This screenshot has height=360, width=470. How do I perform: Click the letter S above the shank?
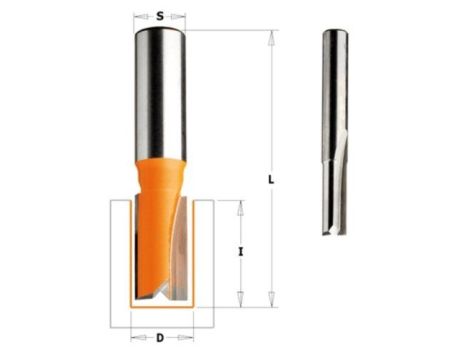tap(160, 16)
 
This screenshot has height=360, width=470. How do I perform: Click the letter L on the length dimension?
tap(271, 180)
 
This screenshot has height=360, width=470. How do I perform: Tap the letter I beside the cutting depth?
tap(240, 252)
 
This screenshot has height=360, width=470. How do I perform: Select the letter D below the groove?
tap(160, 338)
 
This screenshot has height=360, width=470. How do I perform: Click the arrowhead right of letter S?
tap(178, 16)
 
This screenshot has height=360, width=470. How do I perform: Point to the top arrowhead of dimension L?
tap(272, 38)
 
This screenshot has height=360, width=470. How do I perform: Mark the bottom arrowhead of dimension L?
tap(272, 299)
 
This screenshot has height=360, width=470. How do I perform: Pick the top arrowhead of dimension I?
tap(240, 208)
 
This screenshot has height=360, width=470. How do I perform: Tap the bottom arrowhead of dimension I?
tap(240, 299)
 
